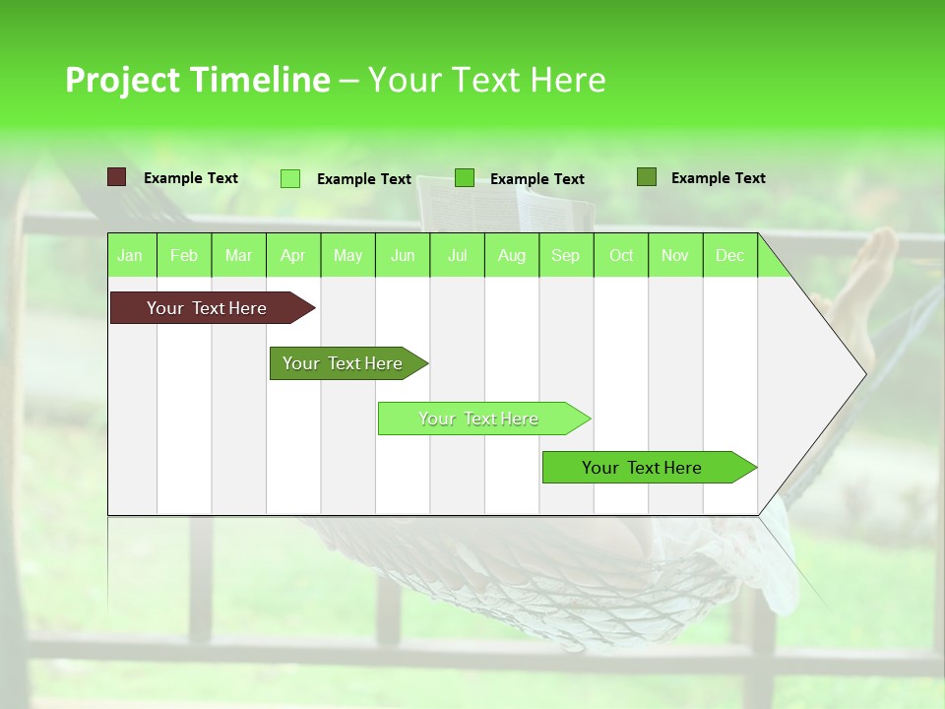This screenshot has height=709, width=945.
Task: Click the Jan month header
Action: tap(130, 256)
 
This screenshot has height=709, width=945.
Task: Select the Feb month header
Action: tap(184, 256)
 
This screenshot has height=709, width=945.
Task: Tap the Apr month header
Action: tap(292, 256)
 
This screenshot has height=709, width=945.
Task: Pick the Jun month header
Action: tap(403, 256)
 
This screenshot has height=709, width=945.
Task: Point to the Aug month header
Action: tap(511, 256)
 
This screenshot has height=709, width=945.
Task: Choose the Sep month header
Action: tap(565, 256)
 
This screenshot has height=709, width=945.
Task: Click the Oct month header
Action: tap(621, 256)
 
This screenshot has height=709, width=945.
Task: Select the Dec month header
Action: tap(729, 256)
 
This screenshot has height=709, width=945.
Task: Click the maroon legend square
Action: tap(117, 177)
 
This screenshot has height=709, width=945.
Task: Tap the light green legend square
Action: tap(290, 178)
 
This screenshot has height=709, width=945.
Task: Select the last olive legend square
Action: tap(647, 177)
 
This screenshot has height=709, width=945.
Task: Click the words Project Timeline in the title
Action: tap(197, 80)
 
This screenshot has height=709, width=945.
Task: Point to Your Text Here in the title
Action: tap(486, 80)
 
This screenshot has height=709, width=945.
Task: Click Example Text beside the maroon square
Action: tap(191, 178)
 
